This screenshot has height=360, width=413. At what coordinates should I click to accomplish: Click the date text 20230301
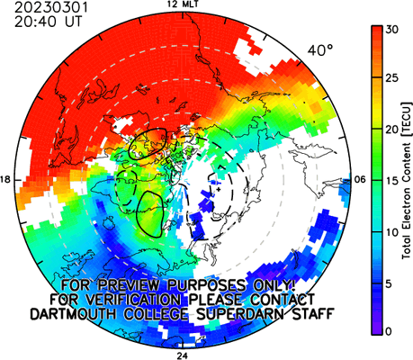[51, 7]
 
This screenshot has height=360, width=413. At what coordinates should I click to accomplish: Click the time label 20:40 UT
[48, 22]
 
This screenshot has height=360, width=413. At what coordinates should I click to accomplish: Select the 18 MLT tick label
[5, 180]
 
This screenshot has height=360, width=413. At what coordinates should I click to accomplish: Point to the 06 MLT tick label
[359, 180]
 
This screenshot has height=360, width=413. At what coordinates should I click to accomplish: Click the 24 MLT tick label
[182, 356]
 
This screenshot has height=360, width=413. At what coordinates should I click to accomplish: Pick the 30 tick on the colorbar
[392, 30]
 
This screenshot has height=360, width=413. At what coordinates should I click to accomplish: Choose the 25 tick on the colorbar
[392, 78]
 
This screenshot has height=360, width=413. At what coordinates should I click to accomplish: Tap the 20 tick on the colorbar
[392, 130]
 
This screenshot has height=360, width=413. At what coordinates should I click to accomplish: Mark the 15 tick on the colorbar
[392, 181]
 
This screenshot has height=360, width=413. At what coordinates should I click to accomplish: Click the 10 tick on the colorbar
[392, 232]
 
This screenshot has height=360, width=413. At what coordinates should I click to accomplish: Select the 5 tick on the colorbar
[389, 283]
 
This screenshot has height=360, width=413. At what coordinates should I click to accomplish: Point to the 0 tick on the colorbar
[389, 331]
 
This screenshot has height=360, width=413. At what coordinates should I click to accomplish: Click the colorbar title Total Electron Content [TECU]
[407, 181]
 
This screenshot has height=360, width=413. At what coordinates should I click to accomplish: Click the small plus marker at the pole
[219, 189]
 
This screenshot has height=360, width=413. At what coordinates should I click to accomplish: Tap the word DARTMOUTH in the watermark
[73, 314]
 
